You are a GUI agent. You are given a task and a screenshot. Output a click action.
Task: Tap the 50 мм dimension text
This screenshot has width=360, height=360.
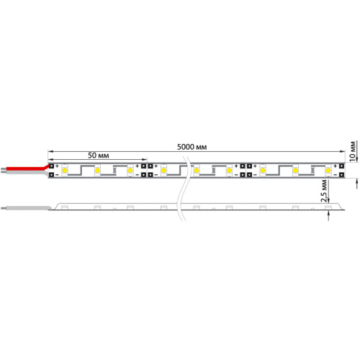point(99,156)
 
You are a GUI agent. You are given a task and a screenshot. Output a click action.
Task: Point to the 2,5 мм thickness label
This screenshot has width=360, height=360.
point(325,191)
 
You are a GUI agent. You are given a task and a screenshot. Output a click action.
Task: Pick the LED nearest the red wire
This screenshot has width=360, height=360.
point(65,170)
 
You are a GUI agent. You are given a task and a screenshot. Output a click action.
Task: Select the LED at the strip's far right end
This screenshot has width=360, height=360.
point(329,170)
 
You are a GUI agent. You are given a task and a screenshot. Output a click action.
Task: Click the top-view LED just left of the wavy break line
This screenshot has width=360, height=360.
point(164,170)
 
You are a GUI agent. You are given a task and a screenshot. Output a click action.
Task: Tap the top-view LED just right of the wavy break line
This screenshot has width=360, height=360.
point(197,170)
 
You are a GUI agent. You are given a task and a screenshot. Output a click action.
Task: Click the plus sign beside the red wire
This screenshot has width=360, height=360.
point(58,166)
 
